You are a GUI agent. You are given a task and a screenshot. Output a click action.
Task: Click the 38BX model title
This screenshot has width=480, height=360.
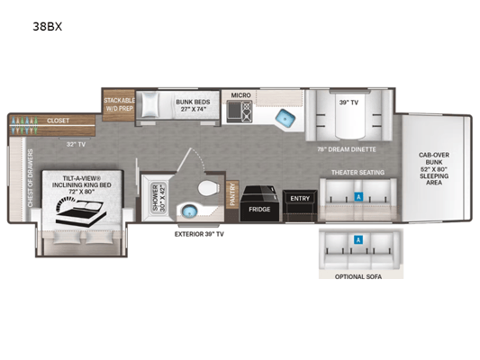pyautogui.click(x=48, y=27)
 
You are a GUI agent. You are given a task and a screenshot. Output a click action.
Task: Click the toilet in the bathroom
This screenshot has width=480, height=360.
pyautogui.click(x=209, y=188)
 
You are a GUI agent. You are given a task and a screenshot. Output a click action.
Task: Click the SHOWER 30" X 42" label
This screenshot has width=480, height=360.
pyautogui.click(x=158, y=197)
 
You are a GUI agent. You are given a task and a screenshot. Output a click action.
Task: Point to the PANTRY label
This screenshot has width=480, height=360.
pyautogui.click(x=232, y=194)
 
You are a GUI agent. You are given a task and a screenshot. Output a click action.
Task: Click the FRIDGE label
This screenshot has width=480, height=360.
pyautogui.click(x=259, y=210)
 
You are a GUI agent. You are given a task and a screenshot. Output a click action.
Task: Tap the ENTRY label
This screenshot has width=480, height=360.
pyautogui.click(x=300, y=199)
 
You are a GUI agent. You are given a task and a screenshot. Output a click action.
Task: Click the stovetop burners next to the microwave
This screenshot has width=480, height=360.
pyautogui.click(x=247, y=112)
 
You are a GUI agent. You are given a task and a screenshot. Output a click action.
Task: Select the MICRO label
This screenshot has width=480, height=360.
pyautogui.click(x=241, y=95)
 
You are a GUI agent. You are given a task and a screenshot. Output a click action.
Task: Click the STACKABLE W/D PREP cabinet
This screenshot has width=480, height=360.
pyautogui.click(x=119, y=105)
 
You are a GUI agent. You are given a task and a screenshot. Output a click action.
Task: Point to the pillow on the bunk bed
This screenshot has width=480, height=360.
pyautogui.click(x=150, y=104)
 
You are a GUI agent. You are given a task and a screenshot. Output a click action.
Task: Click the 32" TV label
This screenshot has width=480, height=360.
pyautogui.click(x=76, y=144)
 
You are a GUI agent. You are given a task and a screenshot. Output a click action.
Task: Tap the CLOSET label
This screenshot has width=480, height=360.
pyautogui.click(x=58, y=121)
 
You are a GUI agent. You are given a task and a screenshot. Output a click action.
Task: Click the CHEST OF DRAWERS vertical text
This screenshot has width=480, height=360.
pyautogui.click(x=31, y=178)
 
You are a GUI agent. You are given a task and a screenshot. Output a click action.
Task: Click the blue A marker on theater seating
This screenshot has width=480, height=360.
pyautogui.click(x=358, y=197)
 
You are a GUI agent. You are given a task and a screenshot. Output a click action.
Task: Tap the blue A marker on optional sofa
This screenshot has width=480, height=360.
pyautogui.click(x=358, y=239)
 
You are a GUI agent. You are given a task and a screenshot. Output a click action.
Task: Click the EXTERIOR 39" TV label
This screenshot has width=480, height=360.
pyautogui.click(x=199, y=234)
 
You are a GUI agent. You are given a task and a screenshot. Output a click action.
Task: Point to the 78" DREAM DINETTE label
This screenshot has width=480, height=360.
pyautogui.click(x=347, y=149)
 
